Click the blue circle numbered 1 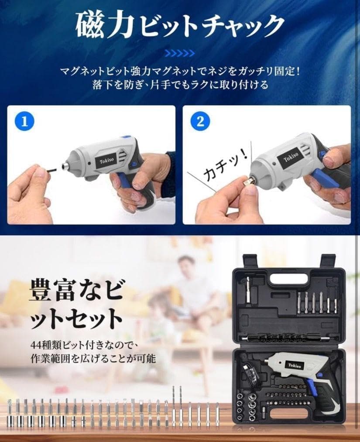24,121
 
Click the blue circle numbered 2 200,121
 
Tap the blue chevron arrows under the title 180,53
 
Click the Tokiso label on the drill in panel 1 107,161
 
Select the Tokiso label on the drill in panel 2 291,158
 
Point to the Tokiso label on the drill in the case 294,366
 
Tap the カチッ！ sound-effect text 226,165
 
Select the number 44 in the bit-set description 36,345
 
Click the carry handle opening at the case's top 289,279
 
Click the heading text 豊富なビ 76,290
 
